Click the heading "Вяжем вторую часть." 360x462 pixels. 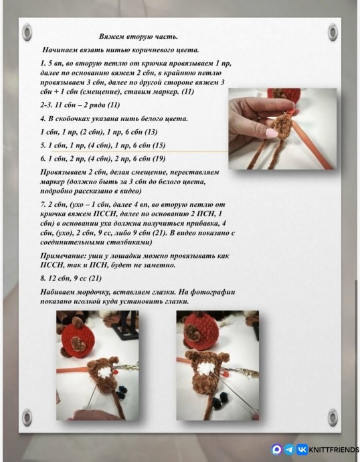point(139,37)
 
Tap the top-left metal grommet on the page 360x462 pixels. point(27,32)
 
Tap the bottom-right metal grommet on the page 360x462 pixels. point(333,417)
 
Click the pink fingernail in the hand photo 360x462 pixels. point(271,133)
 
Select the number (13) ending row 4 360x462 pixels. point(151,132)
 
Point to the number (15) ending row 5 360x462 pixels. point(159,145)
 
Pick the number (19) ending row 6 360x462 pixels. point(159,159)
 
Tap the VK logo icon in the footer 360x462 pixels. point(302,449)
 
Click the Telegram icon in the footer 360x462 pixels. point(290,449)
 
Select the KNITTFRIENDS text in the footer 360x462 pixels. point(334,450)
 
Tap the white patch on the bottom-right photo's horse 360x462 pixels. point(207,369)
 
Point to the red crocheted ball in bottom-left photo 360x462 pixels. point(78,340)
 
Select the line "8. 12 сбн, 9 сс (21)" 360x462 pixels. point(71,278)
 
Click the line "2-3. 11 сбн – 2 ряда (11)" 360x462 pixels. point(80,105)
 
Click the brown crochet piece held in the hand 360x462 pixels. point(282,127)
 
